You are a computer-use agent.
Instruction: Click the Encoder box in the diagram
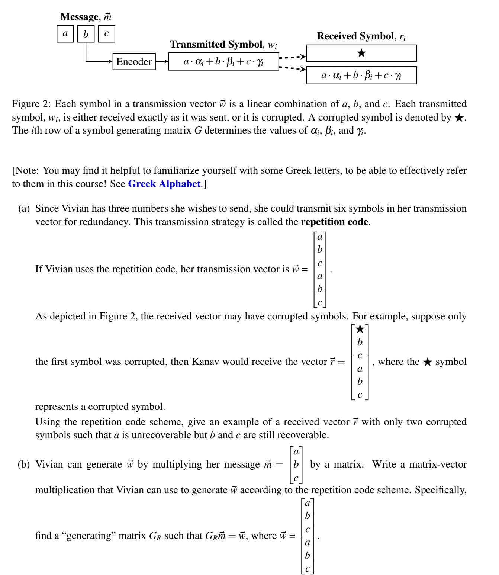(x=134, y=62)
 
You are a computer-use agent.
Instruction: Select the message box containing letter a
(x=65, y=34)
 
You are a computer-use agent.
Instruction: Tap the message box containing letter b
(x=86, y=34)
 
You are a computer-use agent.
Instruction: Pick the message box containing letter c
(x=106, y=34)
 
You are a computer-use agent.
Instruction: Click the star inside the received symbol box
(x=361, y=53)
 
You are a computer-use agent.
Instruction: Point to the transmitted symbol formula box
(x=223, y=62)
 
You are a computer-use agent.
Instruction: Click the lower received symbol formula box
(x=361, y=76)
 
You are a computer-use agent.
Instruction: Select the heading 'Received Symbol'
(x=356, y=36)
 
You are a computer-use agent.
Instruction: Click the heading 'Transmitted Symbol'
(x=216, y=44)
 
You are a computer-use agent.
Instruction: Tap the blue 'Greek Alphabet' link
(x=164, y=184)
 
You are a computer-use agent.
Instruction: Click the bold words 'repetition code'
(x=335, y=222)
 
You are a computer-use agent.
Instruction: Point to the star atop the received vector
(x=360, y=329)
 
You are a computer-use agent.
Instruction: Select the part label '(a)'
(x=24, y=208)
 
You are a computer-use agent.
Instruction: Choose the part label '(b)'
(x=24, y=464)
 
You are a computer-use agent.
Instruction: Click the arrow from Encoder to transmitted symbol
(x=162, y=62)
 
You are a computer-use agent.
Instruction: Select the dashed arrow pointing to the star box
(x=292, y=57)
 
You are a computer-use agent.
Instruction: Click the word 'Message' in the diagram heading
(x=79, y=17)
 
